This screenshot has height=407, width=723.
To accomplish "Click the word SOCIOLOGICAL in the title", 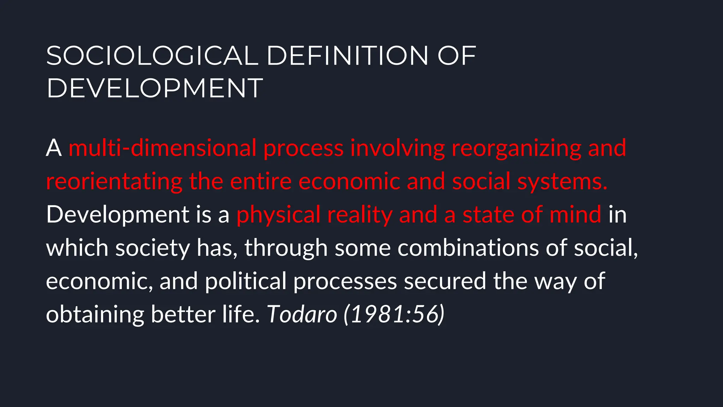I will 152,56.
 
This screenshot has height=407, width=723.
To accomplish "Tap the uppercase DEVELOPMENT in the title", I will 155,88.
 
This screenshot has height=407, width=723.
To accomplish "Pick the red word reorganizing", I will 516,148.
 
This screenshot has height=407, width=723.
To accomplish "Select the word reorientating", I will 114,182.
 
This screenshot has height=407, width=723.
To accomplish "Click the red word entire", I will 261,181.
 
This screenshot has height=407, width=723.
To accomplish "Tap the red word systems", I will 562,182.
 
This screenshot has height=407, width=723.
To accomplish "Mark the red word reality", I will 359,215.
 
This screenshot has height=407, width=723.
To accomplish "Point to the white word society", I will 153,248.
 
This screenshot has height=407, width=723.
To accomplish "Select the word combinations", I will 468,247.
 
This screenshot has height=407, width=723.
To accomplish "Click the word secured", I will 445,281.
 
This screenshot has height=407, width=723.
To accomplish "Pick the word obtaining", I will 95,314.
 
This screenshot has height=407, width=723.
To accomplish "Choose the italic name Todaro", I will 302,314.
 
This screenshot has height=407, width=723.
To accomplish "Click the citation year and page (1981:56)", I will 394,314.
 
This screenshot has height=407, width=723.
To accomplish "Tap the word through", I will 286,248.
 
